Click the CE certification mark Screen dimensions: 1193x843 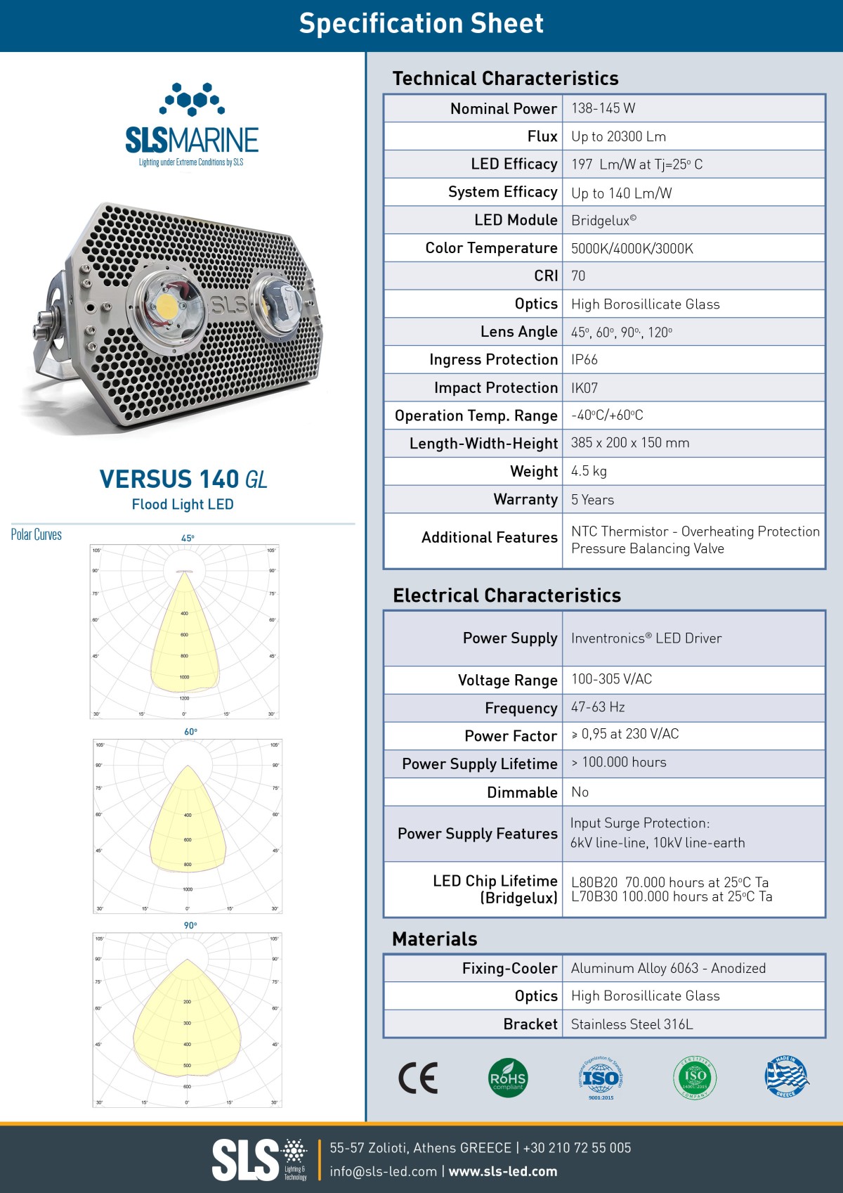click(x=418, y=1078)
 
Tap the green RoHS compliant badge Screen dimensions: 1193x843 click(x=508, y=1078)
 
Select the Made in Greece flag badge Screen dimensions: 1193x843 click(x=786, y=1077)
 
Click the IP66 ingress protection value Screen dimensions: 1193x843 click(x=584, y=360)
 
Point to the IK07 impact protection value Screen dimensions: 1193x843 click(x=584, y=388)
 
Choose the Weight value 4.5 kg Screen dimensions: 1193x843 click(x=589, y=471)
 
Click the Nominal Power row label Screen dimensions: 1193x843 click(x=503, y=109)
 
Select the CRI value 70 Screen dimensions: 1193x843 click(x=578, y=276)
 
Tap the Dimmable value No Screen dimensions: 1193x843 click(x=580, y=792)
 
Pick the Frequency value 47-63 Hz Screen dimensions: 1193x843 click(x=598, y=707)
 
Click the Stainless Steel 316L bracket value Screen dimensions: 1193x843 click(x=632, y=1024)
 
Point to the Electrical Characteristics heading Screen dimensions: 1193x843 click(x=507, y=595)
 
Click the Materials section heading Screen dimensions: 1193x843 click(x=434, y=939)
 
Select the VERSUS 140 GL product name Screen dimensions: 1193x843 click(x=183, y=479)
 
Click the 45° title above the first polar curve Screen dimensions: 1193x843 click(x=188, y=539)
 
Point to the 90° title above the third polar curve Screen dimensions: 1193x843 click(x=190, y=925)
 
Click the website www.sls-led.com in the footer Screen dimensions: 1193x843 click(x=503, y=1171)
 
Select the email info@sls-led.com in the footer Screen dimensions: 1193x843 click(x=384, y=1171)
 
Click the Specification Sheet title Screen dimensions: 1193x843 click(x=421, y=24)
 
